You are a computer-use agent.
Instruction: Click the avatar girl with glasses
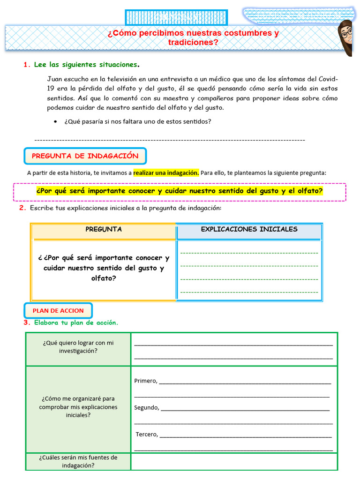click(345, 37)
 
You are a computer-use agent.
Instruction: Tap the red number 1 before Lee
click(26, 65)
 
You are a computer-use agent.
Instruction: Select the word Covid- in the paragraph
click(328, 78)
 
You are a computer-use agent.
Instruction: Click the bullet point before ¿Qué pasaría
click(55, 122)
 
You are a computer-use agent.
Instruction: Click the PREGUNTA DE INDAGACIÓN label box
click(85, 156)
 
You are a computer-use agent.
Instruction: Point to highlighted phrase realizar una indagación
click(166, 173)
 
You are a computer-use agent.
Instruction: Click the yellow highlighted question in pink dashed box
click(180, 191)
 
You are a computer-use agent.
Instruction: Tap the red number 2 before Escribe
click(22, 208)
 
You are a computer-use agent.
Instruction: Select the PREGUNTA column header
click(104, 230)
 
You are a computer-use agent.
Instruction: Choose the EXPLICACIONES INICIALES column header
click(249, 230)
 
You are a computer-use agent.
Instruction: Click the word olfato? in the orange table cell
click(104, 278)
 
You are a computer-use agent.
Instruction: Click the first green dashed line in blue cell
click(249, 253)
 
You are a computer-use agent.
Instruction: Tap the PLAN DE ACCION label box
click(58, 311)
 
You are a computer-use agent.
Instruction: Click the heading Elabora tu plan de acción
click(76, 323)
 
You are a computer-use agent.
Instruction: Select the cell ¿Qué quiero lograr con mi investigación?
click(78, 347)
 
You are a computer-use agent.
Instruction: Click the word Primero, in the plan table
click(145, 381)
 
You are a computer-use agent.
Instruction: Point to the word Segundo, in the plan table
click(146, 407)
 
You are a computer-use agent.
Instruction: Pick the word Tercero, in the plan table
click(147, 434)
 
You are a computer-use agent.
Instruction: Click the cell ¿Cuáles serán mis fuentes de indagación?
click(78, 461)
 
